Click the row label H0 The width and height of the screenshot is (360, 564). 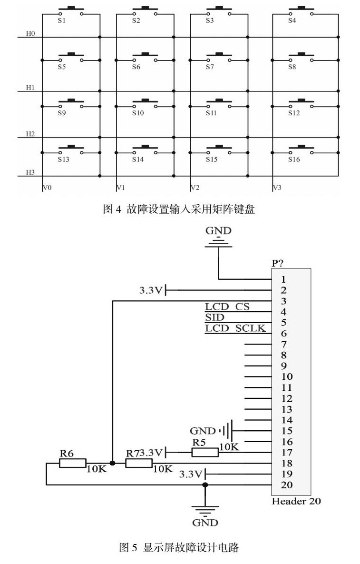point(30,34)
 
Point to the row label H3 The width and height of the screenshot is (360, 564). point(30,172)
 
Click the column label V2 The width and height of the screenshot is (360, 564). point(195,188)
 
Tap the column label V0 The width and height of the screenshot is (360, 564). point(47,188)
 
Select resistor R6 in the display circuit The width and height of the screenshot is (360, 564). point(72,463)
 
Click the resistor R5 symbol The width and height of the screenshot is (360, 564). point(205,452)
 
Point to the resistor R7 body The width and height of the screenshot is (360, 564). point(139,463)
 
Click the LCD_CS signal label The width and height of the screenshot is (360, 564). point(227,307)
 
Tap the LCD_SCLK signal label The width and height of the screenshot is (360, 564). point(235,328)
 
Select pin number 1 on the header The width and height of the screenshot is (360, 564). point(283,279)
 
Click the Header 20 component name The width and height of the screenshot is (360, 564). point(296,501)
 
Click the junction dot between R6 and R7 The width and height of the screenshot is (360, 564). point(112,463)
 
